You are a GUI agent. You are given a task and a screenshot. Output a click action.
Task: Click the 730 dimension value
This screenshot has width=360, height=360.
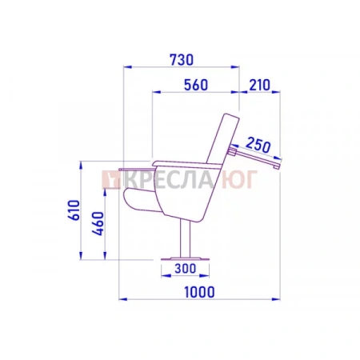[182, 60]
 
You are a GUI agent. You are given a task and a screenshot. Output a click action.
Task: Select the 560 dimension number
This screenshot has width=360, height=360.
[196, 85]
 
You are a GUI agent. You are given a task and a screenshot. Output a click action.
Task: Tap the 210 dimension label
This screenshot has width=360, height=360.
[259, 85]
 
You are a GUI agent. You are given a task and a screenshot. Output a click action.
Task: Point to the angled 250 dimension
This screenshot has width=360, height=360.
[258, 146]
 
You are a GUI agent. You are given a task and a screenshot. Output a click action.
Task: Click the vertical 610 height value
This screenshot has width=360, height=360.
[74, 210]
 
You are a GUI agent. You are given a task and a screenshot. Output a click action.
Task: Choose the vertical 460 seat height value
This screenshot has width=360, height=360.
[98, 223]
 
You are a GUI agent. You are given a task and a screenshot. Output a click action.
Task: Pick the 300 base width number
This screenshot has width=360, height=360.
[185, 269]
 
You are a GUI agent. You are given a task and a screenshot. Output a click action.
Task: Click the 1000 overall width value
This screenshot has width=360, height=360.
[199, 292]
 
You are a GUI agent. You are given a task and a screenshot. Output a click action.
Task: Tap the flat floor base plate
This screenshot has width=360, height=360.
[186, 258]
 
